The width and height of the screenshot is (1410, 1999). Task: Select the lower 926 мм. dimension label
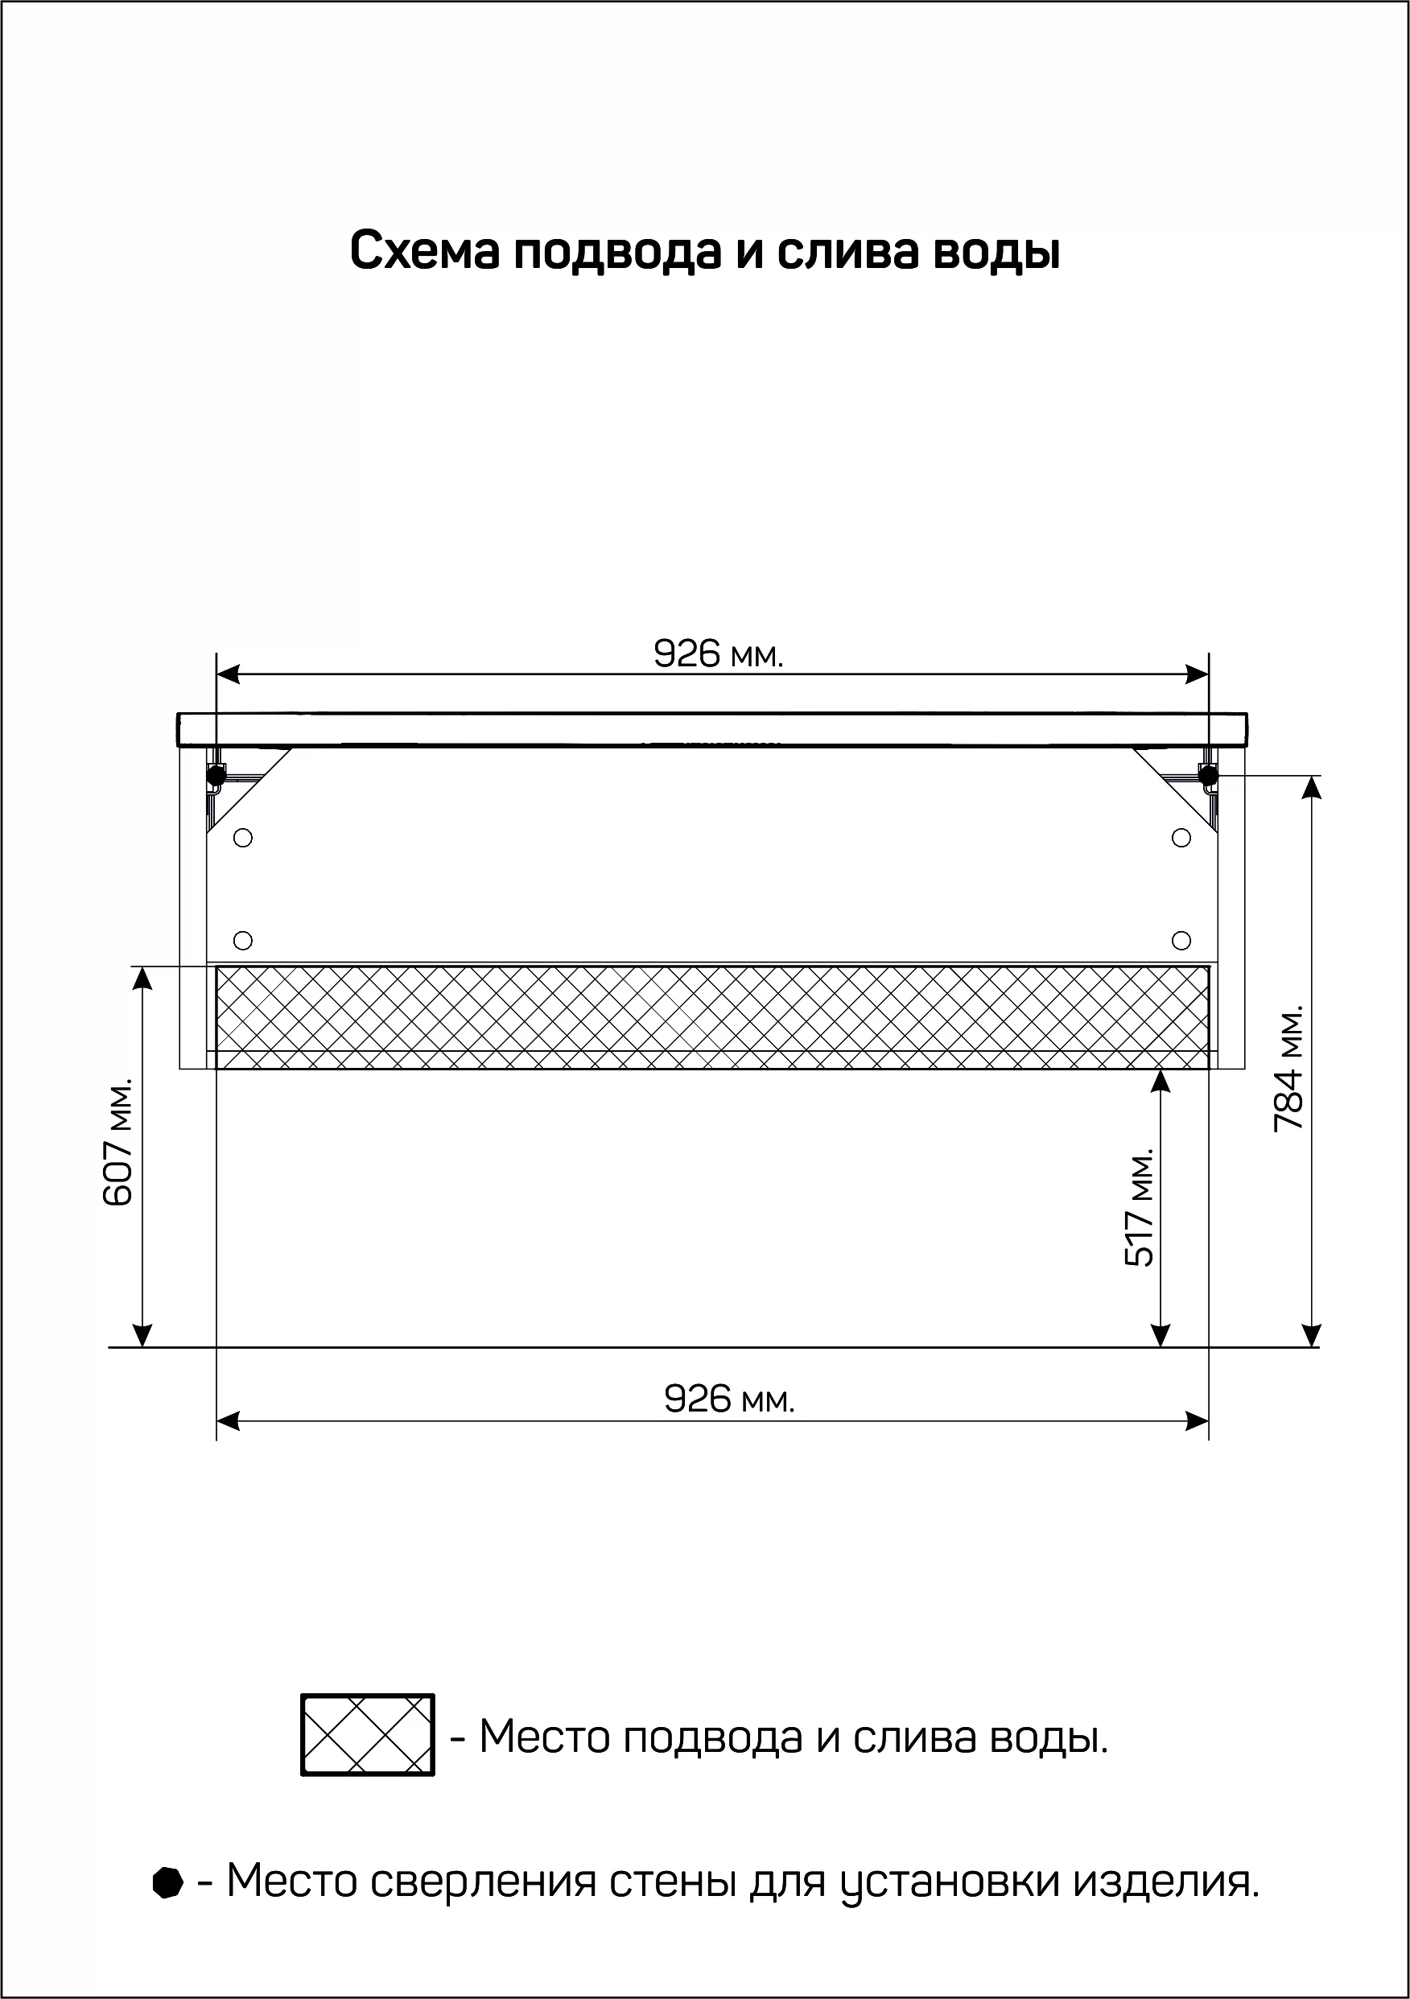tap(730, 1399)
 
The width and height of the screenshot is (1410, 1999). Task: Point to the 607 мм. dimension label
tap(117, 1142)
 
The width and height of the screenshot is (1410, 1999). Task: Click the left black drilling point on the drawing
tap(216, 774)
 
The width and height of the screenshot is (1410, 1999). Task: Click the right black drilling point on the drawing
tap(1208, 774)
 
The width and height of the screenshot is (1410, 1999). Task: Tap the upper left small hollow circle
tap(243, 838)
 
